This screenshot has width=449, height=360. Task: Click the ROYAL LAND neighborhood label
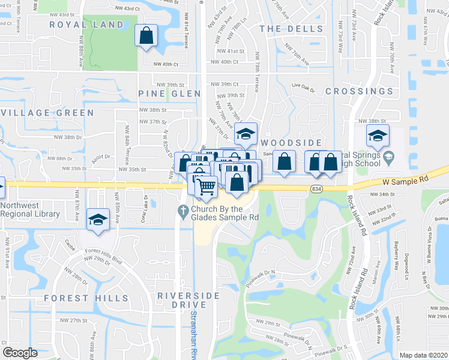(86, 25)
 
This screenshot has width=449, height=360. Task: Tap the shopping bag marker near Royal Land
(146, 35)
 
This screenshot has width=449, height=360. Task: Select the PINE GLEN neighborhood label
(161, 94)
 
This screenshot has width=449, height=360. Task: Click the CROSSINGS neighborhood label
(359, 91)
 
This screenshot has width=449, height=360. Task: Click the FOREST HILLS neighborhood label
(86, 298)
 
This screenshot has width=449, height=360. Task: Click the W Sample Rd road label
(407, 180)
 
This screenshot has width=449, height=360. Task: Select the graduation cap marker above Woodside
(246, 134)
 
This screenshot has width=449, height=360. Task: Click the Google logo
(20, 353)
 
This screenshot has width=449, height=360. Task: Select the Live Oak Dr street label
(303, 88)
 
